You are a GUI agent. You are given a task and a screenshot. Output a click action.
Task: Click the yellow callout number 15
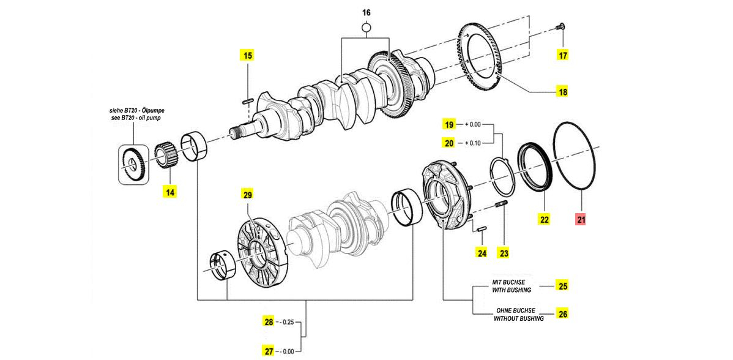pyautogui.click(x=248, y=56)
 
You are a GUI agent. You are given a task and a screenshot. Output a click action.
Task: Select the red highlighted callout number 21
pyautogui.click(x=581, y=219)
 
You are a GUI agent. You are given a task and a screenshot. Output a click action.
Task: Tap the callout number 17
pyautogui.click(x=563, y=56)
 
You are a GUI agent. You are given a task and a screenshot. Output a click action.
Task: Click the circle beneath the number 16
pyautogui.click(x=366, y=29)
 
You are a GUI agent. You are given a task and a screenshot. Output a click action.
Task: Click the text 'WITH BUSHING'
pyautogui.click(x=512, y=290)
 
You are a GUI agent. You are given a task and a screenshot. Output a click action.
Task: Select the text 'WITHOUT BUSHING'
pyautogui.click(x=518, y=319)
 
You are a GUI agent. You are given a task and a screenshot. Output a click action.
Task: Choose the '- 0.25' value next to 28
pyautogui.click(x=286, y=322)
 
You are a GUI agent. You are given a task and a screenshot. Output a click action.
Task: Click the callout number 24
pyautogui.click(x=482, y=253)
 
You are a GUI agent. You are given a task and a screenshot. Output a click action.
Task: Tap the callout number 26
pyautogui.click(x=563, y=313)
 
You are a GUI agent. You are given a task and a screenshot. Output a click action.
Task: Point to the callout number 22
pyautogui.click(x=545, y=219)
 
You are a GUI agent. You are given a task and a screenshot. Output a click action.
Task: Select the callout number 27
pyautogui.click(x=269, y=350)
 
